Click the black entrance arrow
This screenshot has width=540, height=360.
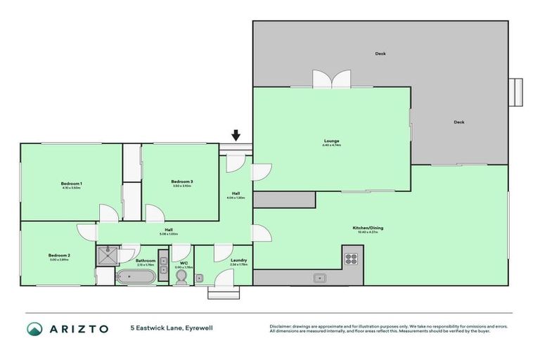(236, 135)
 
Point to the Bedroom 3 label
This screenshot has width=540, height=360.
(181, 181)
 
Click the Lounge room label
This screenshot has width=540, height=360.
(331, 141)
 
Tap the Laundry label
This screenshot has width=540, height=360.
(238, 260)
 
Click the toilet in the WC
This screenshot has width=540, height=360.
(182, 277)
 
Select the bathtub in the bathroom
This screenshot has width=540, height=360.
(136, 277)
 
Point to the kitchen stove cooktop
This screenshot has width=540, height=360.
(351, 257)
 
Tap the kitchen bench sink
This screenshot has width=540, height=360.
(320, 278)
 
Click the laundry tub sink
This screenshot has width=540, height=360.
(200, 278)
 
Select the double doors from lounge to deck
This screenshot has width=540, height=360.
(331, 79)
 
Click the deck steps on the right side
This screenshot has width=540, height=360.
(517, 91)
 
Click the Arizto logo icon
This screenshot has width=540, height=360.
(34, 328)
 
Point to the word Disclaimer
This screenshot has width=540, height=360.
(282, 326)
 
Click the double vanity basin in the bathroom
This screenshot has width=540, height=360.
(164, 265)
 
